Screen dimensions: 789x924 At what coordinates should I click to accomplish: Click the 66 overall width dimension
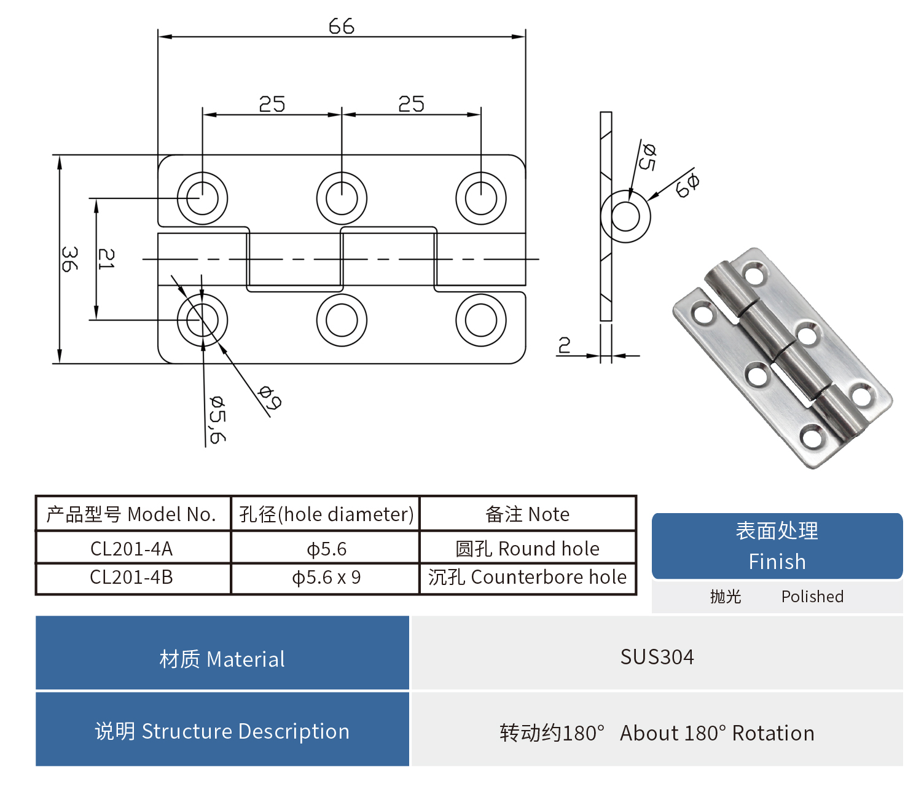(x=341, y=26)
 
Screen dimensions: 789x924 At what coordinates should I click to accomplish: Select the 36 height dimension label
(x=69, y=259)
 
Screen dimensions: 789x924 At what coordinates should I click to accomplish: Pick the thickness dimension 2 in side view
(x=564, y=345)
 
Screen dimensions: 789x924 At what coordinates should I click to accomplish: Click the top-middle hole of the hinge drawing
(x=342, y=198)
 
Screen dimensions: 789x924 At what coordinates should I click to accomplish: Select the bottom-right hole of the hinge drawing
(x=481, y=320)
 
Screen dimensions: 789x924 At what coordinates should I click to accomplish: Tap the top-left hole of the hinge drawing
(x=202, y=198)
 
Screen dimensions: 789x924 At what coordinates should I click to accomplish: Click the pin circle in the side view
(x=625, y=217)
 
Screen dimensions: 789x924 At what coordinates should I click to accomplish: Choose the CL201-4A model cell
(x=131, y=548)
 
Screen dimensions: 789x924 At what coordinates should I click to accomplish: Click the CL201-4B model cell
(x=131, y=578)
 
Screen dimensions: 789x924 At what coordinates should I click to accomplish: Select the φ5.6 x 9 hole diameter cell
(x=326, y=578)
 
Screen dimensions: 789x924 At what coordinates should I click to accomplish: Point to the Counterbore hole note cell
(x=527, y=578)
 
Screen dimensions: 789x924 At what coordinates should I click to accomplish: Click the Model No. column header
(x=131, y=514)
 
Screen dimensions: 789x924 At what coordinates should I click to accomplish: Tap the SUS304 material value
(x=657, y=657)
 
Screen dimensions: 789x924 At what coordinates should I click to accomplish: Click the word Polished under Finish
(x=812, y=597)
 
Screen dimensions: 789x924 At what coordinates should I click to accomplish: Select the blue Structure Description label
(x=222, y=731)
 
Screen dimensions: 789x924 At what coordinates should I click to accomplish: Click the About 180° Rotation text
(x=717, y=733)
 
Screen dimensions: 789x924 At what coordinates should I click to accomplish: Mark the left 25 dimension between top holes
(x=272, y=104)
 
